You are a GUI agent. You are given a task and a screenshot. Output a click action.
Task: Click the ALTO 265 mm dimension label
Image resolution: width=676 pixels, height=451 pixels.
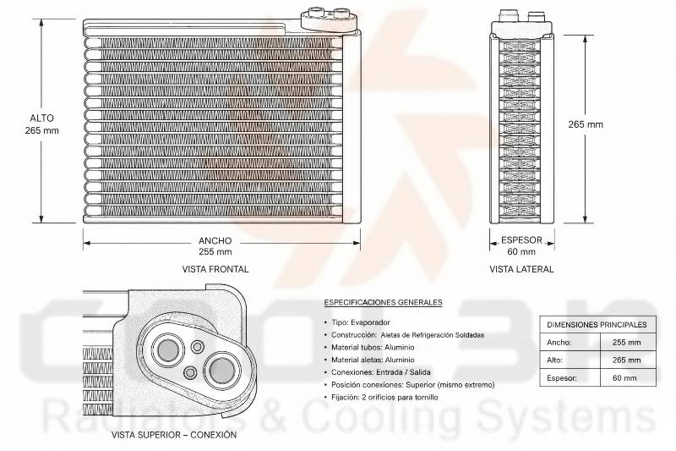tap(41, 124)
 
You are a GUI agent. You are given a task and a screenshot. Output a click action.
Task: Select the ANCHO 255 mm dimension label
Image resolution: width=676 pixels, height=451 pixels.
tap(215, 246)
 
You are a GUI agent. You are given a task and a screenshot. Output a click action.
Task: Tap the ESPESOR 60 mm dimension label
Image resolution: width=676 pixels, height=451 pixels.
tap(521, 246)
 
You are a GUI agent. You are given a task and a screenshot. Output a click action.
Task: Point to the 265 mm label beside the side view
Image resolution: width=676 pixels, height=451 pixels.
tap(585, 124)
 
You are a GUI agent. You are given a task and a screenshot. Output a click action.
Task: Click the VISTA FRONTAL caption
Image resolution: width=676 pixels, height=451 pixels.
tap(215, 269)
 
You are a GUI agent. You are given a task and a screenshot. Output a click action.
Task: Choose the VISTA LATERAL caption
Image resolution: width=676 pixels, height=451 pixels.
tap(521, 269)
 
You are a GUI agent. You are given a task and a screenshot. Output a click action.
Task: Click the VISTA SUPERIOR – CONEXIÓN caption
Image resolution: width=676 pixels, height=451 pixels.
tap(174, 435)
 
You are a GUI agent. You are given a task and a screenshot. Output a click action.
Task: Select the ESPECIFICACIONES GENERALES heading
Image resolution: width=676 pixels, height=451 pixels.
tap(384, 302)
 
